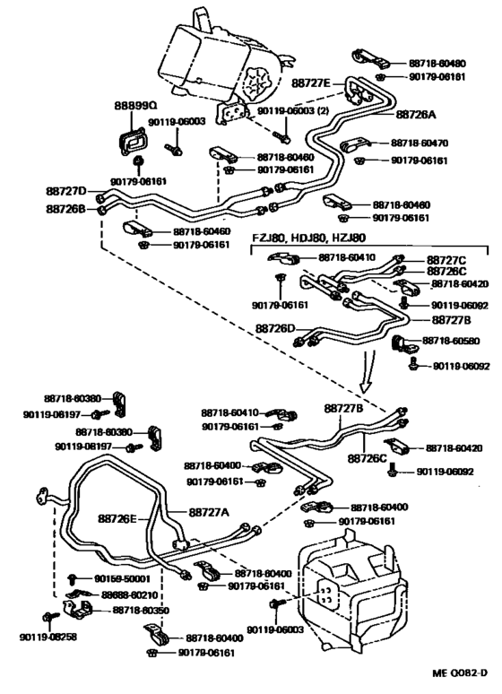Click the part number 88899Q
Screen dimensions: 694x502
(134, 105)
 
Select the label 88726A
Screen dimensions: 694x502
(415, 114)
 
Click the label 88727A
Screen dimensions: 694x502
(208, 511)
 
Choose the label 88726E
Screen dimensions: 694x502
(118, 518)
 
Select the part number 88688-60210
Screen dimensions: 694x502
(127, 594)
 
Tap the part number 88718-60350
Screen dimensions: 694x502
(143, 610)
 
